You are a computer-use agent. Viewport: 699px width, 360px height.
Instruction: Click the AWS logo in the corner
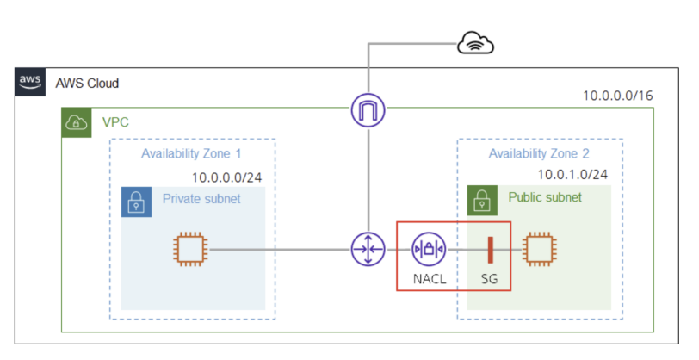pyautogui.click(x=29, y=82)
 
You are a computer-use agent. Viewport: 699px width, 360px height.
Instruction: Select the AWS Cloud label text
pyautogui.click(x=87, y=84)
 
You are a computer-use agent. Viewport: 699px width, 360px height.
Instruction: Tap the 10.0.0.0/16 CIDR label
pyautogui.click(x=617, y=96)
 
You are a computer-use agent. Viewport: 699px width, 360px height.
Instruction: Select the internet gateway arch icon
pyautogui.click(x=368, y=111)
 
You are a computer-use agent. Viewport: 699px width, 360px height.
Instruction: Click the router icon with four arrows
pyautogui.click(x=368, y=250)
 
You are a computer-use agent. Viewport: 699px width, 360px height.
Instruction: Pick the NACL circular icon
pyautogui.click(x=428, y=250)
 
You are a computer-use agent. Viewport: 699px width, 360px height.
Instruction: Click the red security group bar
pyautogui.click(x=489, y=250)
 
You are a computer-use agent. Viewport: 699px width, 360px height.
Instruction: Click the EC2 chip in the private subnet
pyautogui.click(x=191, y=250)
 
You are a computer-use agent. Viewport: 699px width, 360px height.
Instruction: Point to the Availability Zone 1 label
pyautogui.click(x=191, y=153)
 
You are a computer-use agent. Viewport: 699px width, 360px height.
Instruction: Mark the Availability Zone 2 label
pyautogui.click(x=539, y=153)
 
